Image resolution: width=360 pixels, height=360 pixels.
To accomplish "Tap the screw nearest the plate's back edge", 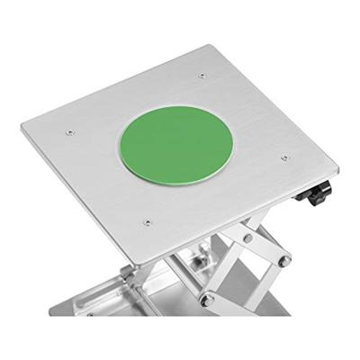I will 202,76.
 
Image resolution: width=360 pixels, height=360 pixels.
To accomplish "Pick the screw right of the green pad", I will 284,157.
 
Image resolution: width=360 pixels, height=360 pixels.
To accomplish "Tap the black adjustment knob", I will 318,193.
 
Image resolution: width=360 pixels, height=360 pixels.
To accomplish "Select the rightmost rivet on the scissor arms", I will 285,261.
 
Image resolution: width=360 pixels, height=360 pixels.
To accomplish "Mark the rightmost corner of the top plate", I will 337,167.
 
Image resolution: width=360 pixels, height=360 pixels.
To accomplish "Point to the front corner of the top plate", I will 135,266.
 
